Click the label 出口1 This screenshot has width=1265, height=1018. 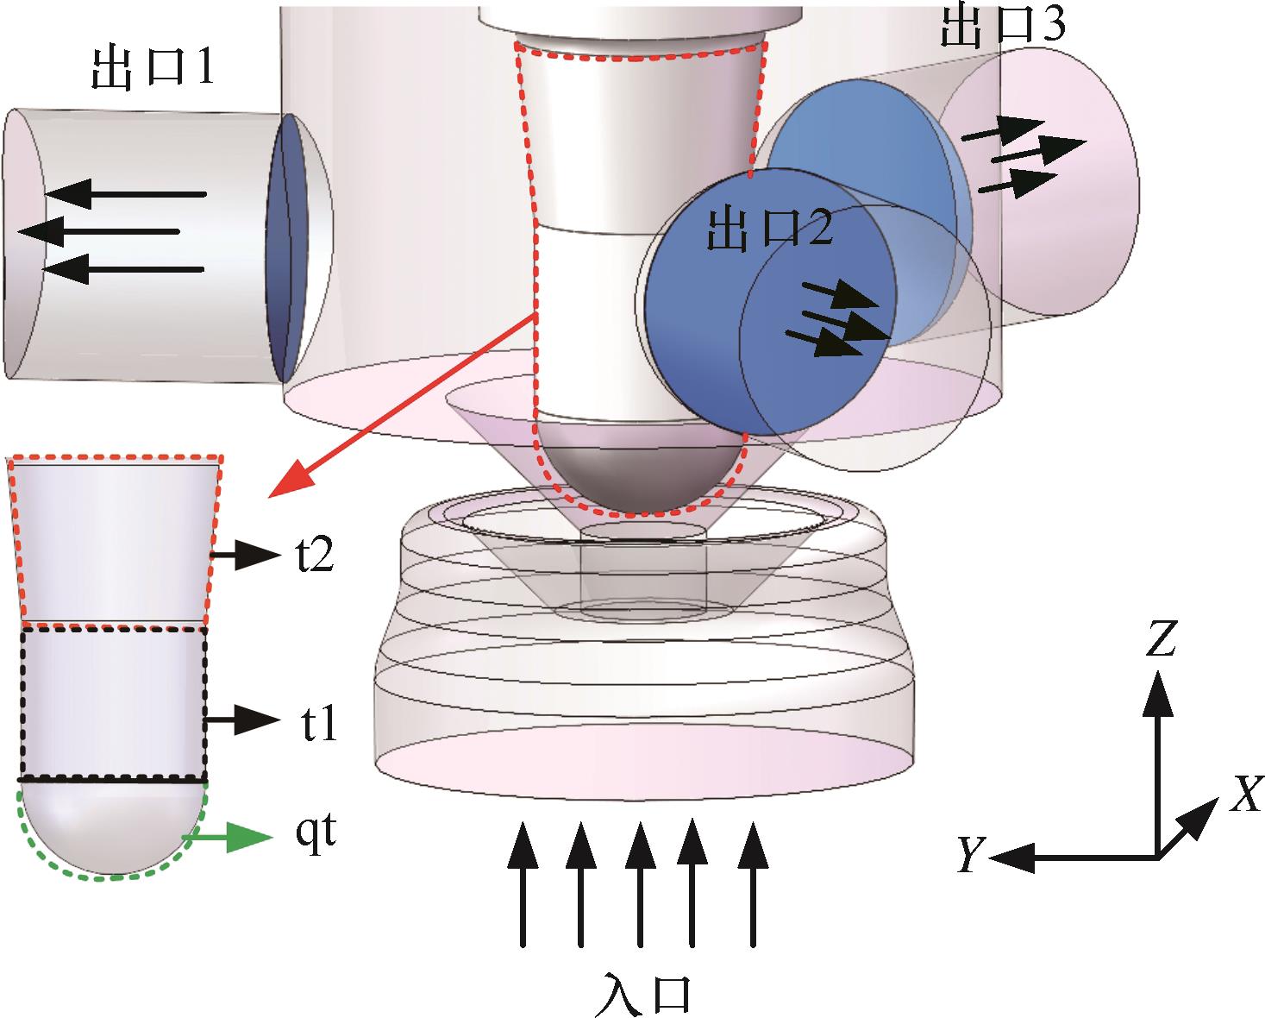pos(152,68)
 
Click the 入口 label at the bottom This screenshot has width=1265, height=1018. pos(642,993)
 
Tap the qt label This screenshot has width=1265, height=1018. pos(315,838)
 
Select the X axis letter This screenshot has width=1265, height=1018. pos(1244,795)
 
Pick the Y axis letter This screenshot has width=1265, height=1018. pos(972,857)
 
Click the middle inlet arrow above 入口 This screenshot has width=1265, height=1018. pos(639,884)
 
